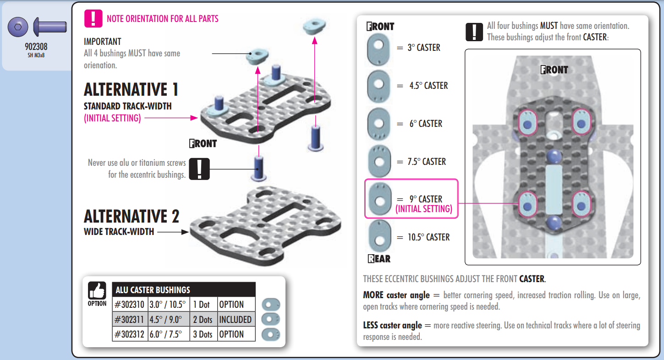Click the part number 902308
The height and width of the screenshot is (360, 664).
tap(36, 47)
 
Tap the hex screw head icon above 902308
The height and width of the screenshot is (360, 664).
tap(18, 27)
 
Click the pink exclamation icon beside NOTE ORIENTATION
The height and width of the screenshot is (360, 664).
tap(93, 19)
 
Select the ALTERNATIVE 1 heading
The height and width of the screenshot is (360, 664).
tap(131, 89)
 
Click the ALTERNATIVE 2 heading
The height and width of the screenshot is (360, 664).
tap(132, 216)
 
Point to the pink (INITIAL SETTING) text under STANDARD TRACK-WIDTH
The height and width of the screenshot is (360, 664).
tap(112, 118)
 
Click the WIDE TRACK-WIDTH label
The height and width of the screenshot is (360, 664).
tap(119, 232)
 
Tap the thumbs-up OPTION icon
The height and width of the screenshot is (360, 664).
tap(97, 294)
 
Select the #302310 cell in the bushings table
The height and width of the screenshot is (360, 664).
tap(130, 305)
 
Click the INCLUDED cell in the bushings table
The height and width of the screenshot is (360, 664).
tap(236, 319)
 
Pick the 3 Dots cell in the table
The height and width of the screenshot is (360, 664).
tap(203, 334)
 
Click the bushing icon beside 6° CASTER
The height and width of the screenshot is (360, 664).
tap(379, 124)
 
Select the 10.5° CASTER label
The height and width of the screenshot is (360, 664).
tap(428, 237)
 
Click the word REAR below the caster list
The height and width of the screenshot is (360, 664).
tap(379, 259)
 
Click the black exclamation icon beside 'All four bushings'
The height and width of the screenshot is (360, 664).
tap(474, 32)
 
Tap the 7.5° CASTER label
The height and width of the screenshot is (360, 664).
tap(427, 162)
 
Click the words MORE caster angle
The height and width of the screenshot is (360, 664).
tap(396, 295)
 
